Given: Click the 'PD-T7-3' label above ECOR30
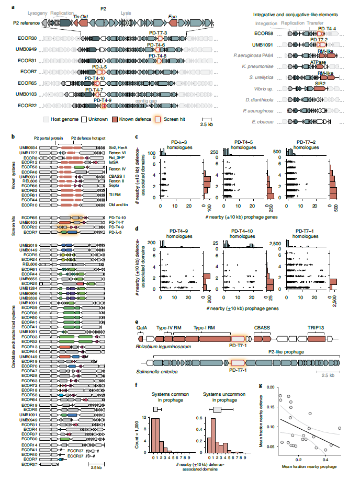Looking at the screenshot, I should point(157,32).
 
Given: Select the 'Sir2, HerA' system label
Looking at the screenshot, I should point(119,147).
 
